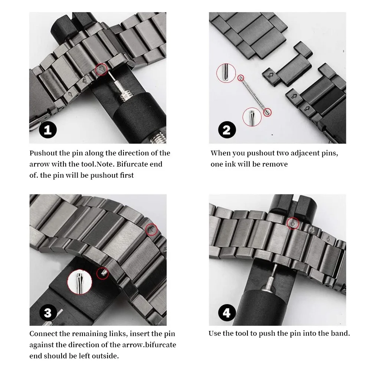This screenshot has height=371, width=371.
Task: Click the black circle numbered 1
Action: pos(47,130)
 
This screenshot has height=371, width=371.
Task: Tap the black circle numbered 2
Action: pos(227,130)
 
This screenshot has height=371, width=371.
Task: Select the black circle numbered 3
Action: pos(48,313)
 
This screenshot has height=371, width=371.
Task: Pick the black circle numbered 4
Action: pos(227,313)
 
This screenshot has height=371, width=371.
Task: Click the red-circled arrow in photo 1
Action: pos(101,69)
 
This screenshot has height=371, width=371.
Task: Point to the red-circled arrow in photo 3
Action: pos(151,229)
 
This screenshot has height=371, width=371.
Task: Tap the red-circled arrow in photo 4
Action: pos(293,223)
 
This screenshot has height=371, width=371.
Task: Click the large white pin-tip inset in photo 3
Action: pos(79,282)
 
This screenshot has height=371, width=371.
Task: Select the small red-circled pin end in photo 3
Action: pos(102,273)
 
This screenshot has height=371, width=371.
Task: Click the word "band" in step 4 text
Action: pos(339,334)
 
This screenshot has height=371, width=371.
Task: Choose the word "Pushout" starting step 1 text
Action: pos(43,153)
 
